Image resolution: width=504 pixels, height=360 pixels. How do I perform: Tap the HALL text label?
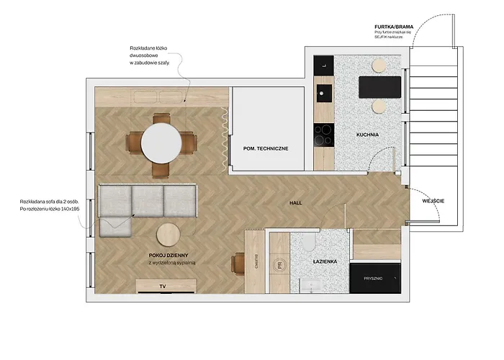click(x=295, y=204)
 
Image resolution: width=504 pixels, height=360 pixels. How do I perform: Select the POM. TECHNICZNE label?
click(x=266, y=148)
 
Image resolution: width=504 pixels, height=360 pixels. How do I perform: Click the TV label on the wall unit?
click(x=162, y=286)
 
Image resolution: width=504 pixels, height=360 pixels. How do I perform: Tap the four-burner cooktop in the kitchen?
click(x=324, y=133)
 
